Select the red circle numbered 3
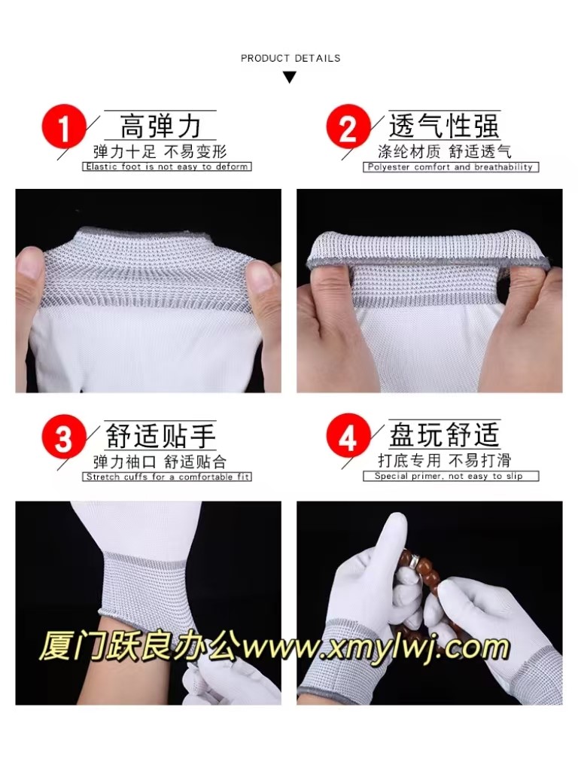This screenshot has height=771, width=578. (x=63, y=435)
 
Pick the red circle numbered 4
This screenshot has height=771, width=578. (x=348, y=435)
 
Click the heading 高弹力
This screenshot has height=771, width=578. (x=160, y=126)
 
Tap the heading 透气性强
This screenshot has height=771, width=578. (x=444, y=126)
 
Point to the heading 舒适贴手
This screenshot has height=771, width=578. (x=160, y=436)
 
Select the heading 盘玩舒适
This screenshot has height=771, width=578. (x=444, y=434)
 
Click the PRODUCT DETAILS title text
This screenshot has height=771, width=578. (x=291, y=58)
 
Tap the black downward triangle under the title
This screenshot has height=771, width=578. (x=290, y=78)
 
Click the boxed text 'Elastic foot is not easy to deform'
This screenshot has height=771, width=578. (x=166, y=166)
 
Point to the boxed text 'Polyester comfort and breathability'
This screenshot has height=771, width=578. (x=451, y=167)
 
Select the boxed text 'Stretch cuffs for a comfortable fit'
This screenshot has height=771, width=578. (x=166, y=477)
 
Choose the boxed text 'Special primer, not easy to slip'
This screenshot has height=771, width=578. (x=451, y=476)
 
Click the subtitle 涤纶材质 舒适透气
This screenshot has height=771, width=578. (x=444, y=151)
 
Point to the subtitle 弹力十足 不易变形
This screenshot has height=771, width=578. (x=160, y=151)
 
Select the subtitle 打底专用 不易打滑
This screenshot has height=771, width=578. (x=444, y=460)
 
